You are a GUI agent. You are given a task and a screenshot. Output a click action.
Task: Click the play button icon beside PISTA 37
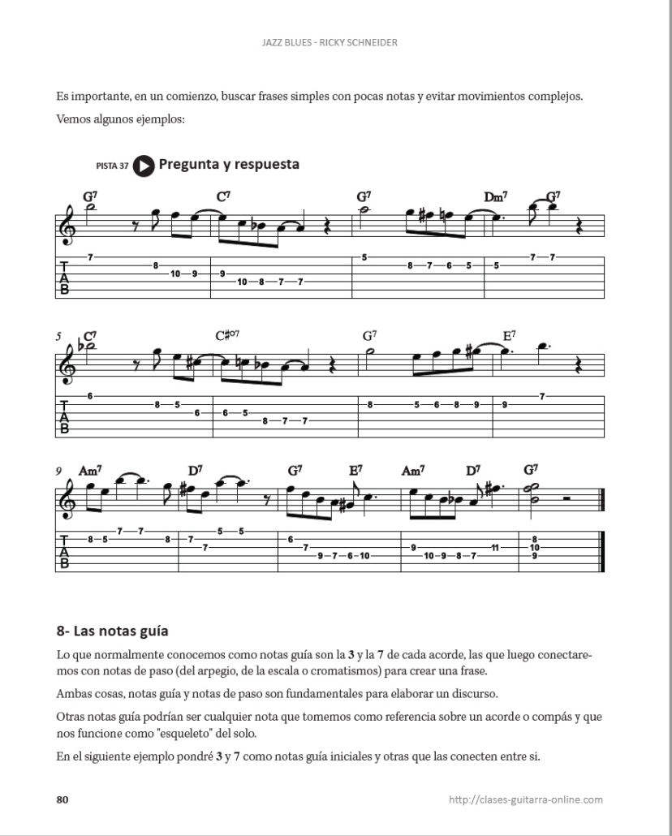pos(144,166)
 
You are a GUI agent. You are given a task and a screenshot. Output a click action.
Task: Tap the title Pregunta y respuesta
pos(229,165)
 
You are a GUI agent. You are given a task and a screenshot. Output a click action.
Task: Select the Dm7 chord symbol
pos(495,197)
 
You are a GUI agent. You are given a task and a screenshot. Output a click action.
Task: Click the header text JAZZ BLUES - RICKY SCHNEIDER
pos(335,42)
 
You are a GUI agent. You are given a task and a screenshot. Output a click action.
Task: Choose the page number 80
pos(62,799)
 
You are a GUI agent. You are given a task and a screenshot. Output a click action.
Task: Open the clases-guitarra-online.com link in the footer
pos(525,799)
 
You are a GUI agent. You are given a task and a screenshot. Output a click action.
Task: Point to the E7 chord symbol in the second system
pos(510,335)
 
